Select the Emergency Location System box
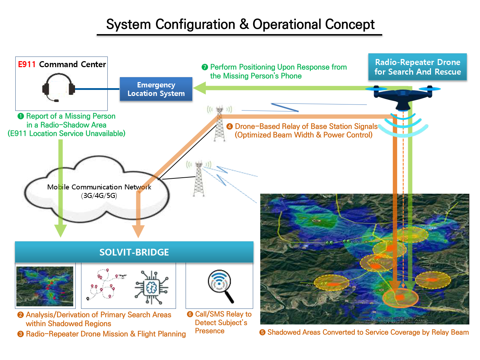click(156, 89)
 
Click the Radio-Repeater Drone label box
click(417, 67)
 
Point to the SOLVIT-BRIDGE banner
click(134, 252)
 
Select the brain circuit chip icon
click(151, 288)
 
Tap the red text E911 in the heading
click(27, 64)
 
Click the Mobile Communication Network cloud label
click(99, 191)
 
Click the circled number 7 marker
click(204, 67)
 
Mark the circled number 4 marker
click(230, 127)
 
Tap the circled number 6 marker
click(190, 314)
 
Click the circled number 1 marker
click(21, 116)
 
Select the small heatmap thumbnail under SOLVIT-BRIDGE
click(45, 286)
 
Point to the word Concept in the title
click(350, 25)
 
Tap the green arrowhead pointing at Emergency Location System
click(200, 88)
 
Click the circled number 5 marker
click(262, 332)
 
